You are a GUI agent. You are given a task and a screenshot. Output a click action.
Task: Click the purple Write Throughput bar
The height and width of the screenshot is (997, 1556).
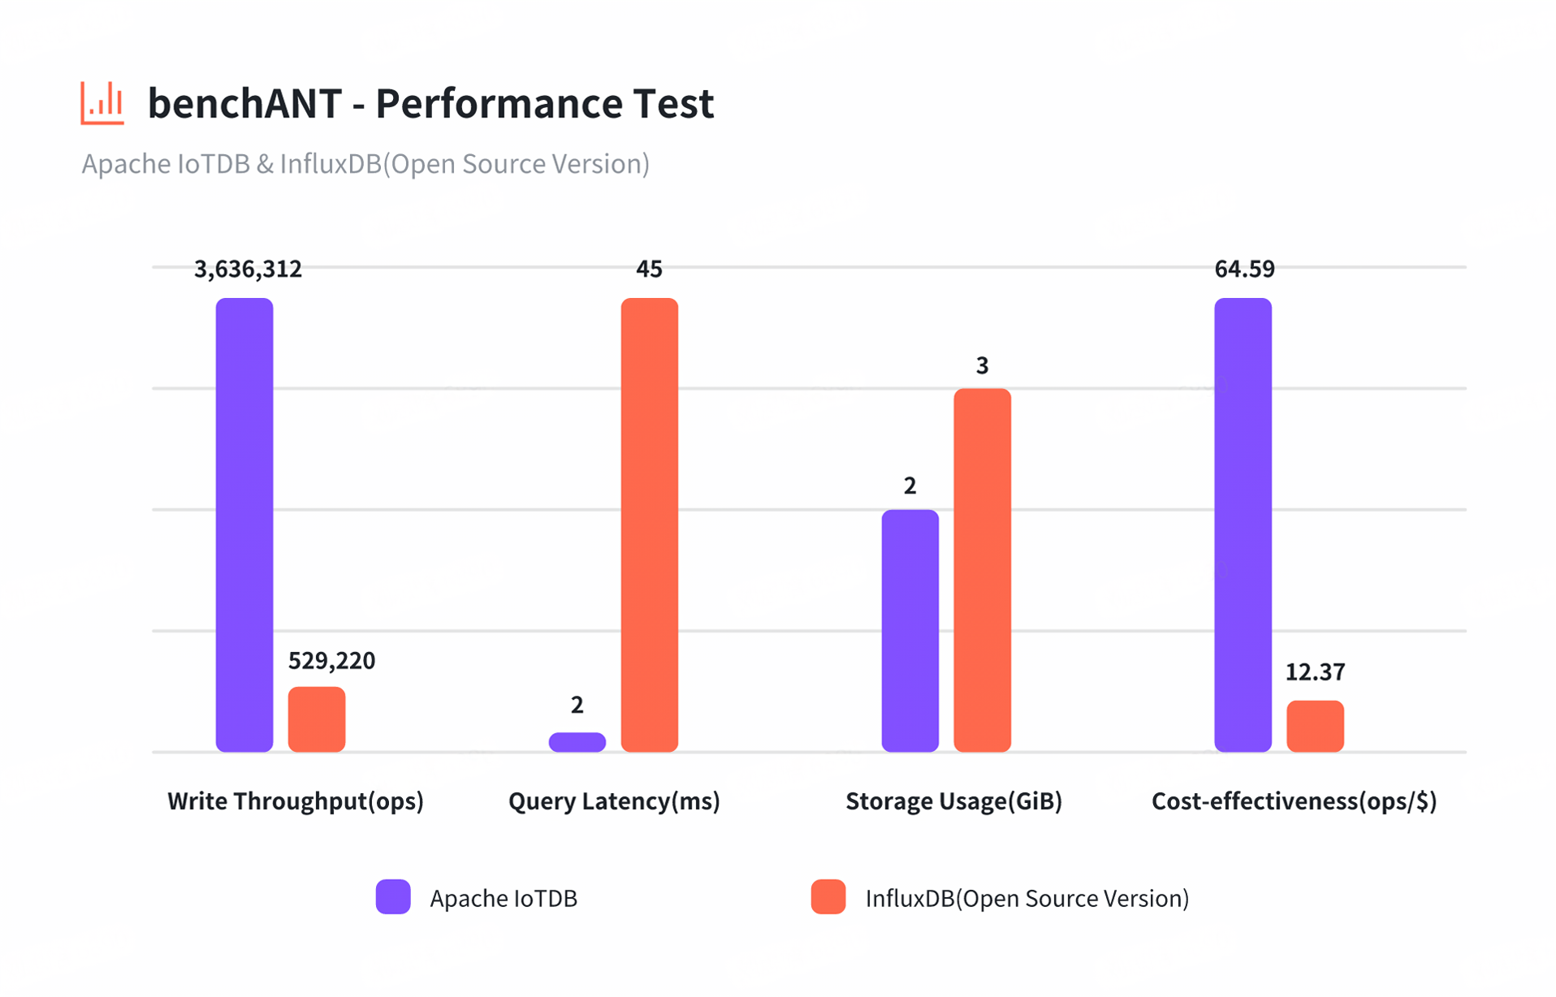point(244,524)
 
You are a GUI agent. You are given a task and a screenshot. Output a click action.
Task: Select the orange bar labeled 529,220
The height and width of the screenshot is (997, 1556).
point(317,719)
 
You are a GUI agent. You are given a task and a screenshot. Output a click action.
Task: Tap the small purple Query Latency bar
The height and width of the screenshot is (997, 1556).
point(577,741)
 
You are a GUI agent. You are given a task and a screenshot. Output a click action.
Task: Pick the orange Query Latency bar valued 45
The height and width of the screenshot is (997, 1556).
point(649,524)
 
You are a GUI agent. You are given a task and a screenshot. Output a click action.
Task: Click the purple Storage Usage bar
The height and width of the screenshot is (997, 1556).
point(910,630)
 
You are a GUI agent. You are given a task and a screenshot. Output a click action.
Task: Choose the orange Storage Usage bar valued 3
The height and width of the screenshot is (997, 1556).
point(982,570)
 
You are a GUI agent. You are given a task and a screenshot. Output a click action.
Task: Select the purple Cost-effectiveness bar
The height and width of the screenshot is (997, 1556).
point(1243,524)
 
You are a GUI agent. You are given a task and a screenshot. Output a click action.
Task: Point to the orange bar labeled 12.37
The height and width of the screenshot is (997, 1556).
point(1315,726)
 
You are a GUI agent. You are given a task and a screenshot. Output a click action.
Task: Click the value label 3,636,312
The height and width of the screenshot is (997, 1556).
point(248,269)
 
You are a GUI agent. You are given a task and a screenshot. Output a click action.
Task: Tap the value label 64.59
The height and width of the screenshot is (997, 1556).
point(1244,269)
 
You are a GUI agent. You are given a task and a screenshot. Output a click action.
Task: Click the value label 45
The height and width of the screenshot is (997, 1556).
point(649,269)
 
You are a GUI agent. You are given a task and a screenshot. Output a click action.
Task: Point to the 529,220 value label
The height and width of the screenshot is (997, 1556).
point(331,661)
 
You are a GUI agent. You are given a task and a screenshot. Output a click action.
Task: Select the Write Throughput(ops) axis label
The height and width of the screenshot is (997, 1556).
point(296,801)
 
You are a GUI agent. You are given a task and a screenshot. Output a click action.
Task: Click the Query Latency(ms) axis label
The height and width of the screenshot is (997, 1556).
point(614,801)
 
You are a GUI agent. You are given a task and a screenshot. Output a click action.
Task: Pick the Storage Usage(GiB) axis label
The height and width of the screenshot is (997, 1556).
point(953,801)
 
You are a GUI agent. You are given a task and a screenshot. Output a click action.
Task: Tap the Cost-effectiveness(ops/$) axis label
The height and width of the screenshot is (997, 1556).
point(1294,801)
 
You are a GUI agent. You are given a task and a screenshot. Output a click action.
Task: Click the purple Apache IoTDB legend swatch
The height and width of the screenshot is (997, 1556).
point(393,897)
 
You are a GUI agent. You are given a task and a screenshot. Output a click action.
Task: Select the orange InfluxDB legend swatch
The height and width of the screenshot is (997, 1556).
point(828,897)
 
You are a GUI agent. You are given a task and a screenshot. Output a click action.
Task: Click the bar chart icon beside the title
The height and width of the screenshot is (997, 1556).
point(102,103)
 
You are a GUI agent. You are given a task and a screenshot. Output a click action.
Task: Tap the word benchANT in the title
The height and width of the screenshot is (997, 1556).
point(244,103)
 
